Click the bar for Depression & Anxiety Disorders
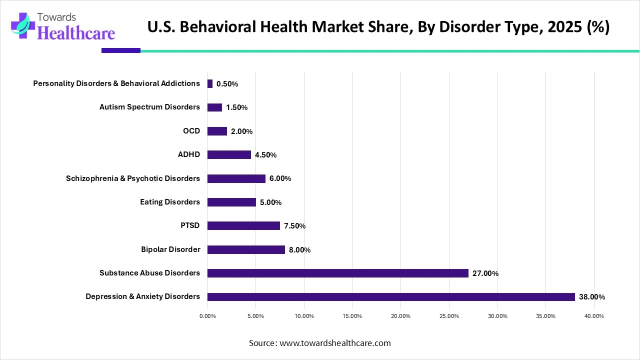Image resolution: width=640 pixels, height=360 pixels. (391, 296)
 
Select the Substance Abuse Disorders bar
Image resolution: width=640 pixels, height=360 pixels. (338, 273)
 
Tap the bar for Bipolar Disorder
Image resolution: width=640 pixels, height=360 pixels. (246, 249)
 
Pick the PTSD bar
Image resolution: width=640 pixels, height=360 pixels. (243, 225)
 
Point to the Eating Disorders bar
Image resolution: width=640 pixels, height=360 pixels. (231, 202)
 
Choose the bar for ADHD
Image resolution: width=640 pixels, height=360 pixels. (229, 154)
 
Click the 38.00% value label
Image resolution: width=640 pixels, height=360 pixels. (592, 297)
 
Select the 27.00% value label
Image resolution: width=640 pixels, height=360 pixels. (485, 273)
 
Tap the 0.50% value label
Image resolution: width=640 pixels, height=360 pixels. (227, 84)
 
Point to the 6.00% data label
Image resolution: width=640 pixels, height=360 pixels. (280, 178)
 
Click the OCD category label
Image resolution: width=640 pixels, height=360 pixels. (191, 131)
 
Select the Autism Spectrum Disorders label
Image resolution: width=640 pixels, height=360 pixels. (149, 107)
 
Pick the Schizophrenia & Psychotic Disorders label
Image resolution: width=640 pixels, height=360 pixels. (133, 178)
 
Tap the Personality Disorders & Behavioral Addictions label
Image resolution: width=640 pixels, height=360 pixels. (116, 83)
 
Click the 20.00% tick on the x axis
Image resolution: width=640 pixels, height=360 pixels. (401, 316)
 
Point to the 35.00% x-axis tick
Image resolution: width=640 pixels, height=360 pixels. (546, 316)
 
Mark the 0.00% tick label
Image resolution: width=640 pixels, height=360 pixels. (207, 316)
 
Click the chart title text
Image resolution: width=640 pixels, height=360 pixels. (378, 27)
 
